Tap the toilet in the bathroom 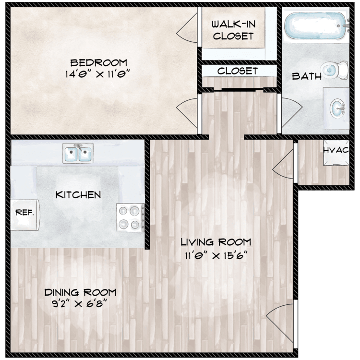pos(334,70)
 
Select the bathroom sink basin pos(337,108)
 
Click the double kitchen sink pos(78,153)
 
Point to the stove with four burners pos(130,217)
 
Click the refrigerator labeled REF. pos(25,215)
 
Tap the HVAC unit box pos(336,153)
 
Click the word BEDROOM pos(98,63)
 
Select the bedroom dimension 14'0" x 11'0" pos(98,74)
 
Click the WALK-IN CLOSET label pos(233,30)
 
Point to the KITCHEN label pos(78,195)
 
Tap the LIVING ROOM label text pos(216,242)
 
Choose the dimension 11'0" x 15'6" pos(216,255)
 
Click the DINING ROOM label pos(80,292)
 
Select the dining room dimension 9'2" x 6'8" pos(80,304)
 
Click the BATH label pos(307,76)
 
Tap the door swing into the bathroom pos(291,112)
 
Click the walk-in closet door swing pos(186,28)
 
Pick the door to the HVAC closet pos(283,164)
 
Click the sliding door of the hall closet pos(239,90)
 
